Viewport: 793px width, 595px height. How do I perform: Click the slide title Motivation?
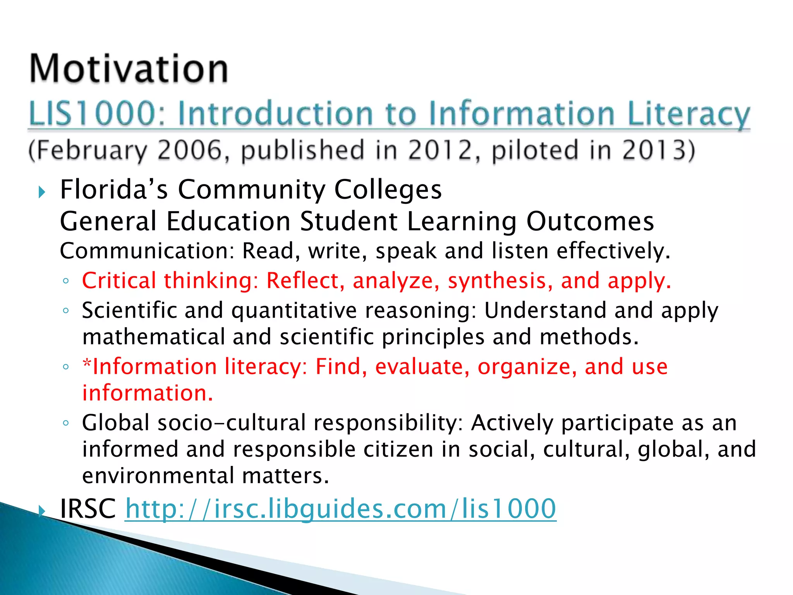click(x=129, y=69)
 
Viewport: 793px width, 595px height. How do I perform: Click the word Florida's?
click(x=114, y=190)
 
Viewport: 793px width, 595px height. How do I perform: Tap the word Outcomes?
click(x=590, y=221)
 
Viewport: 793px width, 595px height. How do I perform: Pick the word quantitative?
click(x=294, y=311)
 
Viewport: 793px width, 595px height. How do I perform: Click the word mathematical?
click(x=153, y=337)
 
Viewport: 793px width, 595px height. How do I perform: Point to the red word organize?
click(x=526, y=366)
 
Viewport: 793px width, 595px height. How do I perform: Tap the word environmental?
click(x=158, y=476)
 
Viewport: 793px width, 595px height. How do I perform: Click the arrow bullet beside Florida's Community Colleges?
click(x=42, y=192)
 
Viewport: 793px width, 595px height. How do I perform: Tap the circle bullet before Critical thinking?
click(x=66, y=281)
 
